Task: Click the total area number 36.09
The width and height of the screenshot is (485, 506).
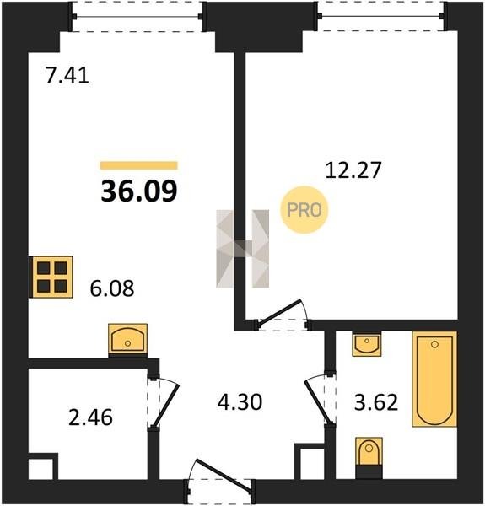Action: coord(139,191)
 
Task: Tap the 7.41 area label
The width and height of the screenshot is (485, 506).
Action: coord(67,77)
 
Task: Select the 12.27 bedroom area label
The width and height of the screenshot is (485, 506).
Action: coord(353,170)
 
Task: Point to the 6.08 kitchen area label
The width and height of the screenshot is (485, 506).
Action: coord(112,288)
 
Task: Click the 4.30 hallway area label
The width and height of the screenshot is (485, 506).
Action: coord(240,402)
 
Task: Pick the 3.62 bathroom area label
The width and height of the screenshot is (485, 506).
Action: coord(376,402)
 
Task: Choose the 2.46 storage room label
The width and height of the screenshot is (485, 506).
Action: coord(91,417)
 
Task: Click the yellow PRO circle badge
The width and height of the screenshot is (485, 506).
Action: coord(304,210)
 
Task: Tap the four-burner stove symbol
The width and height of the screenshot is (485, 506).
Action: coord(51,277)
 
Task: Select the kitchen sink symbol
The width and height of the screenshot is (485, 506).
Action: coord(127,340)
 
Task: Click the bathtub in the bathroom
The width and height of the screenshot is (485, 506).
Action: coord(434,379)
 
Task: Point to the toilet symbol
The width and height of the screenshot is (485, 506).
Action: coord(369,455)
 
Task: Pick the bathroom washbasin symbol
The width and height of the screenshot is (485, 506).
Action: coord(367,344)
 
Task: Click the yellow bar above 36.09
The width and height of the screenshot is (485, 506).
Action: coord(139,165)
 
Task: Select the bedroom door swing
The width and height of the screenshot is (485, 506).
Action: coord(282,312)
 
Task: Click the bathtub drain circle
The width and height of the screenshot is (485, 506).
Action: coord(434,344)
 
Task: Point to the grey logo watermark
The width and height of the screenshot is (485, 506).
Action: coord(242,249)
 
